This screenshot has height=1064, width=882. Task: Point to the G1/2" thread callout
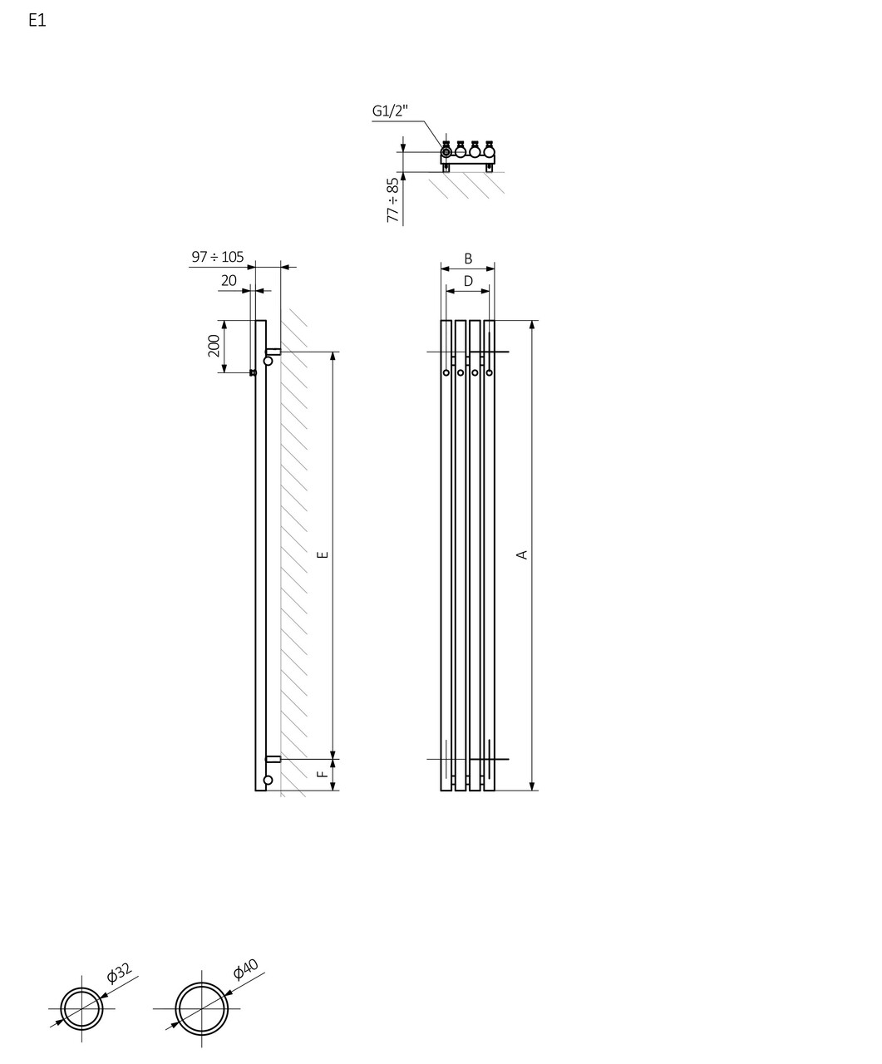(390, 111)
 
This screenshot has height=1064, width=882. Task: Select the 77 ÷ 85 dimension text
(393, 200)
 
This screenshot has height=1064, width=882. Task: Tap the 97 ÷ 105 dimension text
(218, 257)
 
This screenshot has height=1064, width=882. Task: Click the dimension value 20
(229, 281)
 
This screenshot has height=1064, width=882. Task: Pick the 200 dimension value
(214, 346)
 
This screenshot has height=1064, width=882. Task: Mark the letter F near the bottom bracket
(323, 774)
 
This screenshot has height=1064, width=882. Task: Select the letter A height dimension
(522, 554)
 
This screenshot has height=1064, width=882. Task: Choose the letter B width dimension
(468, 259)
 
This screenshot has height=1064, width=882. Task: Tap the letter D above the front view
(468, 282)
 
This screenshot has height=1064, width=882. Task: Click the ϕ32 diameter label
(119, 974)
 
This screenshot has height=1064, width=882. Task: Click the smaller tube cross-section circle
(81, 1008)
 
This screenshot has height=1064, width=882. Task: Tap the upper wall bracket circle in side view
(268, 361)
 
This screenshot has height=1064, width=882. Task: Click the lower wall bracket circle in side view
(268, 780)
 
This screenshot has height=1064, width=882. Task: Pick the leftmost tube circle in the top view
(446, 152)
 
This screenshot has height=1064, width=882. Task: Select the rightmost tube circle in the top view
(489, 152)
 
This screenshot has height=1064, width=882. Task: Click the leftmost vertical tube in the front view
(446, 554)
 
